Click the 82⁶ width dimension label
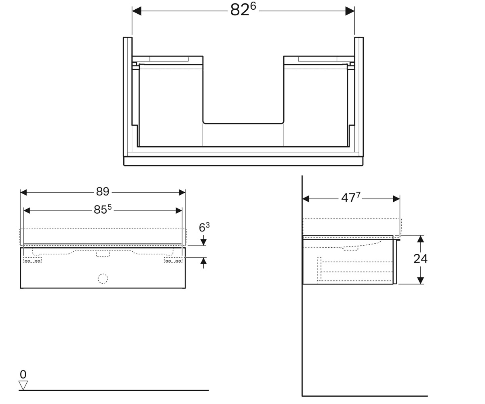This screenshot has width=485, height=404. point(243,10)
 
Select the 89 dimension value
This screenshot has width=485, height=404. point(103,192)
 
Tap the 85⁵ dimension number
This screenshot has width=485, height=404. point(103,209)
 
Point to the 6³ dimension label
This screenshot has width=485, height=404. point(204,227)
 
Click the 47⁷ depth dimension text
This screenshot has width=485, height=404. point(351,198)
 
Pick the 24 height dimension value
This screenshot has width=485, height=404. point(420,259)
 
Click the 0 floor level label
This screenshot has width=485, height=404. point(23,375)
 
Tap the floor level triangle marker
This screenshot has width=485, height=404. point(23,385)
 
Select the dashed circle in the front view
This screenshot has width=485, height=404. point(103,279)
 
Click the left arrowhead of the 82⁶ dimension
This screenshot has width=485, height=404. point(137,11)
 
